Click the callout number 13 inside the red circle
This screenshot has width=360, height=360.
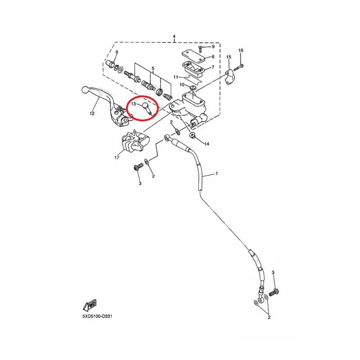pyautogui.click(x=133, y=104)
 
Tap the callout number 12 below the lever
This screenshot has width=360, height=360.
pyautogui.click(x=92, y=113)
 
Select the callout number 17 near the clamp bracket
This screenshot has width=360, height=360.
pyautogui.click(x=117, y=157)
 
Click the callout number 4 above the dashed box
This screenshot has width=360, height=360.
pyautogui.click(x=174, y=36)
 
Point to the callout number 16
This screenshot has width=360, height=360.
pyautogui.click(x=241, y=50)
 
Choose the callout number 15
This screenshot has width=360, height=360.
pyautogui.click(x=229, y=57)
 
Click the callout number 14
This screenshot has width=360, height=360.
pyautogui.click(x=207, y=144)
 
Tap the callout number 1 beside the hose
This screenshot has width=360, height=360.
pyautogui.click(x=216, y=174)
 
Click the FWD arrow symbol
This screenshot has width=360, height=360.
pyautogui.click(x=90, y=305)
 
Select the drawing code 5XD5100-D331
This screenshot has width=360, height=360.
pyautogui.click(x=97, y=316)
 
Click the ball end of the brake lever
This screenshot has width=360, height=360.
pyautogui.click(x=85, y=90)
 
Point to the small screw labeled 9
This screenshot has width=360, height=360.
pyautogui.click(x=200, y=49)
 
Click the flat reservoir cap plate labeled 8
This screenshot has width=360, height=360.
pyautogui.click(x=193, y=56)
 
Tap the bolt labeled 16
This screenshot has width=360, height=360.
pyautogui.click(x=238, y=67)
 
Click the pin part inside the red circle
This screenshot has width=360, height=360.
pyautogui.click(x=147, y=108)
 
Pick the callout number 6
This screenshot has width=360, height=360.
pyautogui.click(x=117, y=52)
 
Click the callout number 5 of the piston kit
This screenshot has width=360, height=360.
pyautogui.click(x=153, y=68)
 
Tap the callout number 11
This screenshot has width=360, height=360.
pyautogui.click(x=175, y=77)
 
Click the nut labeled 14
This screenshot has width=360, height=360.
pyautogui.click(x=192, y=135)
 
